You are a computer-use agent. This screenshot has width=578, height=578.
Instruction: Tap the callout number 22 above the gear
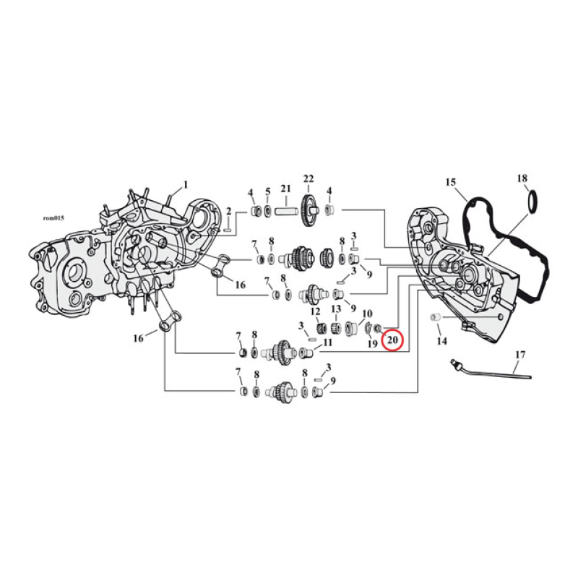click(309, 178)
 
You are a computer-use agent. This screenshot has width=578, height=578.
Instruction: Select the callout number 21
click(286, 189)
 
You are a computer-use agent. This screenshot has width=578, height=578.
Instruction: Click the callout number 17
click(520, 355)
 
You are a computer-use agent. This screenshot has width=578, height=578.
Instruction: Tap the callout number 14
click(441, 340)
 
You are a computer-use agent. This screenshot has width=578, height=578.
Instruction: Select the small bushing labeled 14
click(436, 318)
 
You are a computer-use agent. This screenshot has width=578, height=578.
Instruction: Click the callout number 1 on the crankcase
click(185, 184)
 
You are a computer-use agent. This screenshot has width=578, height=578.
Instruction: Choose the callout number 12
click(315, 311)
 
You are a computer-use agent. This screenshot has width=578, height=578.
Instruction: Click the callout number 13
click(336, 309)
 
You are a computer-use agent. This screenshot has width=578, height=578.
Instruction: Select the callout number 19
click(372, 345)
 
